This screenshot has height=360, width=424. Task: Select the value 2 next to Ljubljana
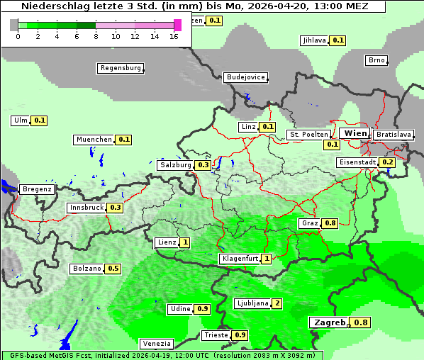[x=277, y=303]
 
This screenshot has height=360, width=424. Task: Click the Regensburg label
[x=120, y=68]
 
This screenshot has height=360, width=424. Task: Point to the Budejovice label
[x=245, y=77]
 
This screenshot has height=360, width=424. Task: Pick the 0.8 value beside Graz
[x=330, y=223]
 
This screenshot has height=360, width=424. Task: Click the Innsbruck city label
[x=86, y=208]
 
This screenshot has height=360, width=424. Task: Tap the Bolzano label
[x=87, y=269]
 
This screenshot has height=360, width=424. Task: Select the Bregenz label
[x=37, y=189]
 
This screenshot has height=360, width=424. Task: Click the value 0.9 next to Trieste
[x=240, y=334]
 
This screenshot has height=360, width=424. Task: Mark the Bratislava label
[x=394, y=134]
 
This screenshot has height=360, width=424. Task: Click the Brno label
[x=376, y=60]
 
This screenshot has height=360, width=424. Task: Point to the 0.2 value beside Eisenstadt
[x=387, y=162]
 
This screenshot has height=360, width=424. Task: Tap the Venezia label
[x=155, y=343]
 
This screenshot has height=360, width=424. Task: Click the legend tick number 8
[x=96, y=35]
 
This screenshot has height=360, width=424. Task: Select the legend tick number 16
[x=174, y=35]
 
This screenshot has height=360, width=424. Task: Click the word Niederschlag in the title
[x=53, y=6]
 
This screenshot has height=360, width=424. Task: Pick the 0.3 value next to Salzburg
[x=203, y=164]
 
